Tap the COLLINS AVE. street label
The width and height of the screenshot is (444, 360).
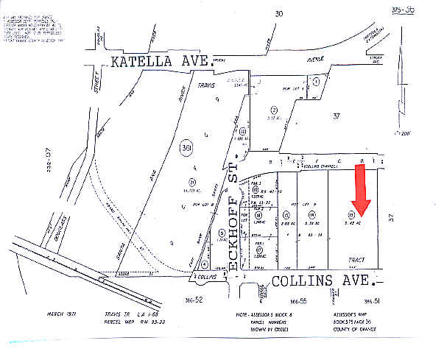click(x=325, y=280)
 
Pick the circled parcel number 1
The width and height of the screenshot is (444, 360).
click(x=315, y=82)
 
